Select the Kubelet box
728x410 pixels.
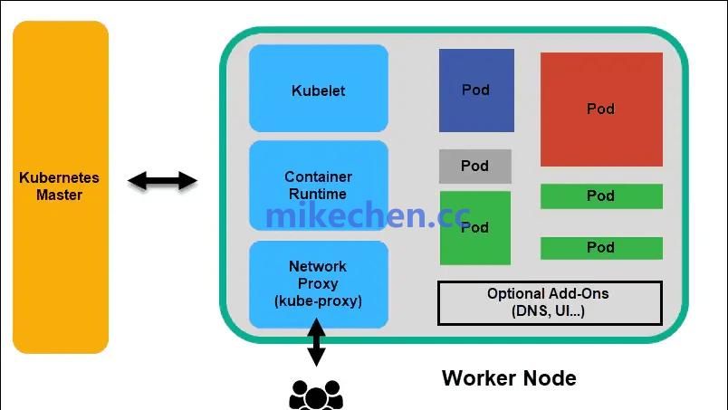[x=318, y=91]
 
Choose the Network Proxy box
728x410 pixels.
[x=318, y=283]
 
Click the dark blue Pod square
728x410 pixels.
[x=476, y=90]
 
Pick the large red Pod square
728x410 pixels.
[x=601, y=109]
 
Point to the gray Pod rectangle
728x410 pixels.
[x=475, y=167]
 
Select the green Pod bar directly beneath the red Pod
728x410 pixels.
[x=601, y=195]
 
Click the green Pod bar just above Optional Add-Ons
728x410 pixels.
[x=601, y=247]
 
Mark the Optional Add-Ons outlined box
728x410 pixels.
[x=550, y=302]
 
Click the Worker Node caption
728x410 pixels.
[x=509, y=377]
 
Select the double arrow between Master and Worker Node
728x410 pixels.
[x=162, y=181]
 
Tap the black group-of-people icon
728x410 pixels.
[x=316, y=395]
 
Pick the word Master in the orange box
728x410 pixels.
[x=60, y=195]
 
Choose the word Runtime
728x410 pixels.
[x=318, y=194]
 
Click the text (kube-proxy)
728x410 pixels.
[x=318, y=300]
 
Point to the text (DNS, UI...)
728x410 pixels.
[x=549, y=311]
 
